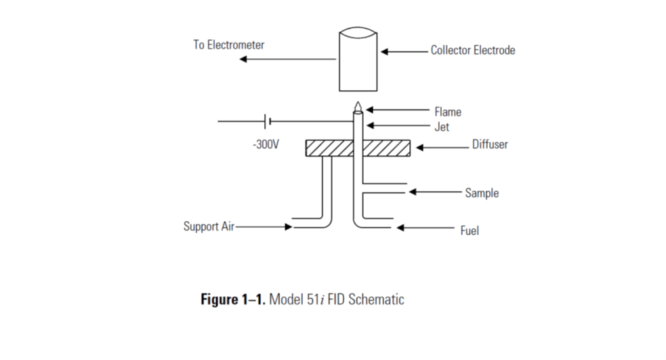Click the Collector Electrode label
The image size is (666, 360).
473,50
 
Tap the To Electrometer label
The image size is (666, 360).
228,45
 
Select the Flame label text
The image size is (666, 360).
448,112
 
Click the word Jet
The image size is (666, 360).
442,127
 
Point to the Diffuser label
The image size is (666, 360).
490,144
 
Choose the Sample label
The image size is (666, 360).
482,193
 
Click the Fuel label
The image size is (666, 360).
470,231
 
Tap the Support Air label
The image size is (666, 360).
209,226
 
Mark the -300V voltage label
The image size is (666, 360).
266,145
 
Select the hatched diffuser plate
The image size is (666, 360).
358,148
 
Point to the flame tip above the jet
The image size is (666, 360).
357,107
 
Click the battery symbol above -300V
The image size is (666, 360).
268,122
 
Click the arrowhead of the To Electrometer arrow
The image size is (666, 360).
243,60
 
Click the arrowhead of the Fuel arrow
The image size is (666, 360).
400,228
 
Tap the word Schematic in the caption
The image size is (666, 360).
375,299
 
